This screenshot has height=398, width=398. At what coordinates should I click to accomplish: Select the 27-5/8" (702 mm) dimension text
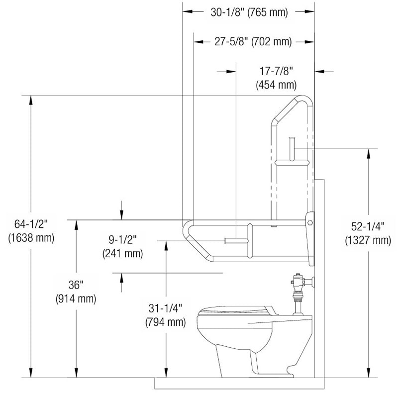(x=253, y=42)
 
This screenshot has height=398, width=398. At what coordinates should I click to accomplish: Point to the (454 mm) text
(x=276, y=85)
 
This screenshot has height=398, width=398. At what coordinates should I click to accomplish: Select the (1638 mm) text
(x=30, y=238)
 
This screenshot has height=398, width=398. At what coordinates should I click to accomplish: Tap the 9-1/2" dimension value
(x=122, y=241)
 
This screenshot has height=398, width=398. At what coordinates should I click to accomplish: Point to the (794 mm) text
(x=165, y=322)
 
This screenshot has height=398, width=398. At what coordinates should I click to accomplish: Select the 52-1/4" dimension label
(x=368, y=227)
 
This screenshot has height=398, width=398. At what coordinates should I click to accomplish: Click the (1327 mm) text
(x=368, y=240)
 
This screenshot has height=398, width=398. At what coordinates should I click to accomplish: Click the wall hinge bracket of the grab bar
(x=310, y=219)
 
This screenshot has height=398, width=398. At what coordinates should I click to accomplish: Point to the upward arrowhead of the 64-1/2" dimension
(x=31, y=100)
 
